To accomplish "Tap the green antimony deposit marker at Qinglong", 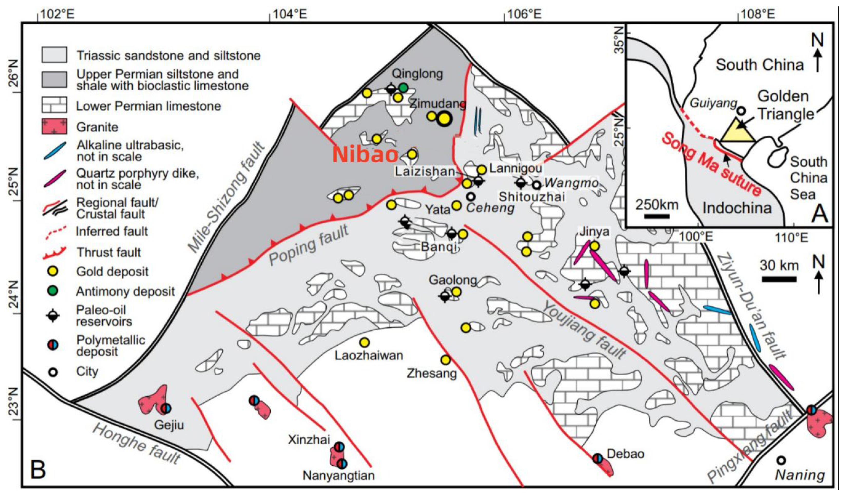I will pos(404,88).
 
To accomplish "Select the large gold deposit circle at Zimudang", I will pos(444,118).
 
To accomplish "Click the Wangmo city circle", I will pos(537,185).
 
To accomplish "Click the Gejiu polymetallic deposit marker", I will pos(166,408).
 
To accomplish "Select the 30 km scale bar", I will pos(779,279).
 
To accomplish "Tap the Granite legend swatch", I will pos(54,127).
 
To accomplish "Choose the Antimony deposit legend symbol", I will pos(53,291).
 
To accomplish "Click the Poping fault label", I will pos(309,245).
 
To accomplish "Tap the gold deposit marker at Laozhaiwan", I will pos(365,342).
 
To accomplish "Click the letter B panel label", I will pos(38,470).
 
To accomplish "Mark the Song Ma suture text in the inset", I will pos(712,165).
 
